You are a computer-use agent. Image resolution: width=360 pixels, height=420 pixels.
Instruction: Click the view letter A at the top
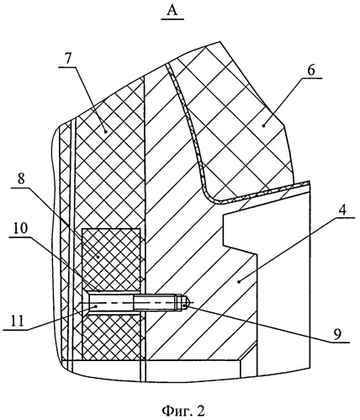coord(172,11)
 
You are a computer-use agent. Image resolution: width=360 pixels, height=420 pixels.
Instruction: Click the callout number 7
coord(68,58)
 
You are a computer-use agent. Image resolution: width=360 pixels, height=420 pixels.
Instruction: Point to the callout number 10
coord(19,228)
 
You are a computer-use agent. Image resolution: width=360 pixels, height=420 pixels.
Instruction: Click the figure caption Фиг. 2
coord(183,411)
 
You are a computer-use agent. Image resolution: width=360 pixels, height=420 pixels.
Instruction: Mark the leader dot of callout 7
coord(105,131)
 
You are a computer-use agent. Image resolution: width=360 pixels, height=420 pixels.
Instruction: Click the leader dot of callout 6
coord(263,126)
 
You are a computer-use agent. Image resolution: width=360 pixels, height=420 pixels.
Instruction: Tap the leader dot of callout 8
coord(98,257)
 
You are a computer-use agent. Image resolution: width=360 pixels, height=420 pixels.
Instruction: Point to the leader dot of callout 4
coord(239,282)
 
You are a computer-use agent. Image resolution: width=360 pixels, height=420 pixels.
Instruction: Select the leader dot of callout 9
coord(184,305)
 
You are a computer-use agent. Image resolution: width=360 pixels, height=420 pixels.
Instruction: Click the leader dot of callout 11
coord(96,306)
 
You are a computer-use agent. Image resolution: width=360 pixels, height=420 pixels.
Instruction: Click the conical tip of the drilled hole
coord(187,302)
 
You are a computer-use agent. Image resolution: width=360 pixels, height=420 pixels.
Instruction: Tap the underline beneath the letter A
coord(172,19)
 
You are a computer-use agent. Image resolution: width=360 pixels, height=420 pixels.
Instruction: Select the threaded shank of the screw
coord(155,302)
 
